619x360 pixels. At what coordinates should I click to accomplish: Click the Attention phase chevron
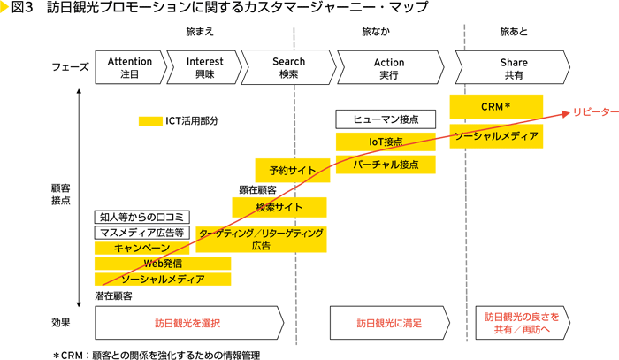(x=129, y=68)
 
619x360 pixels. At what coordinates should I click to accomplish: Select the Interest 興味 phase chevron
(x=206, y=68)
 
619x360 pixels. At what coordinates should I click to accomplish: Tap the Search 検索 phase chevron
(x=286, y=68)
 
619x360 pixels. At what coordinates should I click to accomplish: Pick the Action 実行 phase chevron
(x=389, y=68)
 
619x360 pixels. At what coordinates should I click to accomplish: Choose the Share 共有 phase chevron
(x=513, y=68)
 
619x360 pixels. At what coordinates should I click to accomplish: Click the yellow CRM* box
(x=496, y=106)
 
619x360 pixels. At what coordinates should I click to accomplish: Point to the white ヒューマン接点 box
(x=386, y=119)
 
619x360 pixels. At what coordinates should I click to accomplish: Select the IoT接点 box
(x=386, y=142)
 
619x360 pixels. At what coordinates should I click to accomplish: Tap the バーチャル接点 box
(x=386, y=165)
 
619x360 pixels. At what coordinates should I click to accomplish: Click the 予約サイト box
(x=287, y=170)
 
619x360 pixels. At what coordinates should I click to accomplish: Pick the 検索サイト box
(x=279, y=207)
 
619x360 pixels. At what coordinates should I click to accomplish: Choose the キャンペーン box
(x=141, y=249)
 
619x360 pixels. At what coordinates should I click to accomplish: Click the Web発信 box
(x=162, y=264)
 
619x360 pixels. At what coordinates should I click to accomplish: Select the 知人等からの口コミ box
(x=141, y=217)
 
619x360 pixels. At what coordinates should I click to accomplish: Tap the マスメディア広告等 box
(x=141, y=233)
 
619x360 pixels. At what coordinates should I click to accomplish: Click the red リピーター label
(x=594, y=112)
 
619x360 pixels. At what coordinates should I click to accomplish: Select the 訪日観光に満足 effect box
(x=388, y=323)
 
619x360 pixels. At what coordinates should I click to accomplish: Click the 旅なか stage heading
(x=374, y=32)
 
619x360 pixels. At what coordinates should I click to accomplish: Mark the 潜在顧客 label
(x=114, y=295)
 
